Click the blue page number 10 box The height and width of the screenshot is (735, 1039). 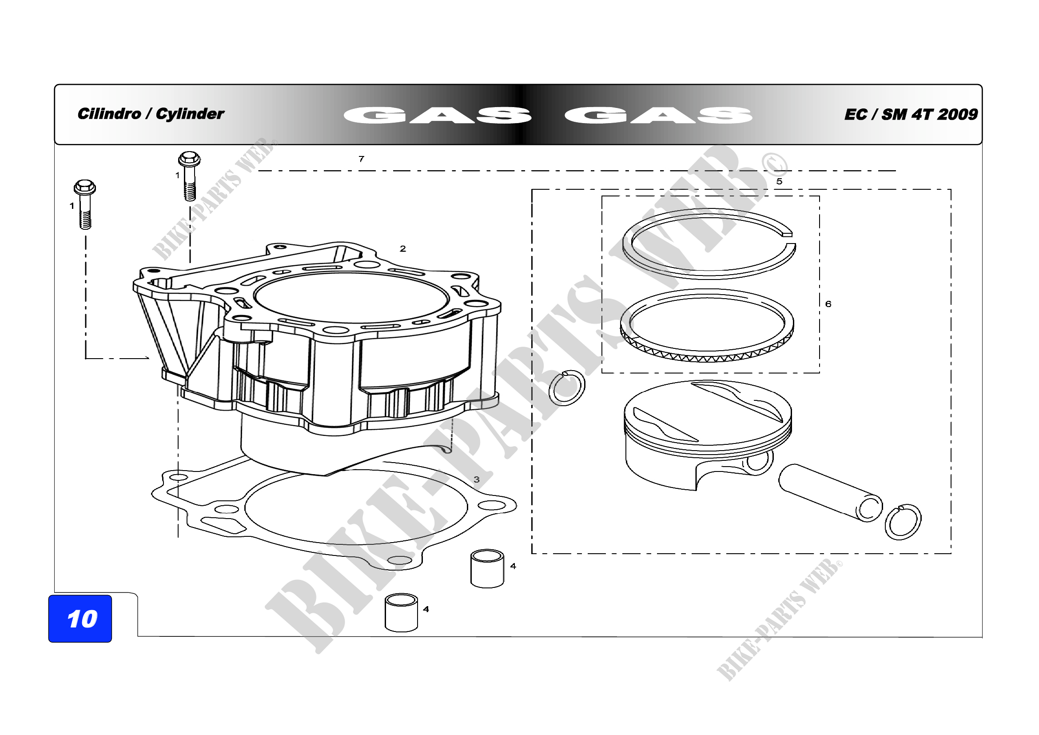(80, 618)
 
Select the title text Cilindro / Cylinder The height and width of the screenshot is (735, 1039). (151, 114)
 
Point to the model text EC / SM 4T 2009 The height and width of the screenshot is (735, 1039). (911, 114)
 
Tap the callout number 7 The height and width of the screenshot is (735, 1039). (361, 159)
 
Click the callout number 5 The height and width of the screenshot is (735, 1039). (779, 181)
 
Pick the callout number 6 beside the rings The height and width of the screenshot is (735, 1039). (828, 304)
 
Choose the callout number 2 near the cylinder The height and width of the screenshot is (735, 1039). (403, 248)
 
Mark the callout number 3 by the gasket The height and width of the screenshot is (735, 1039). (477, 479)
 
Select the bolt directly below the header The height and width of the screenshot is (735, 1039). (189, 176)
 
